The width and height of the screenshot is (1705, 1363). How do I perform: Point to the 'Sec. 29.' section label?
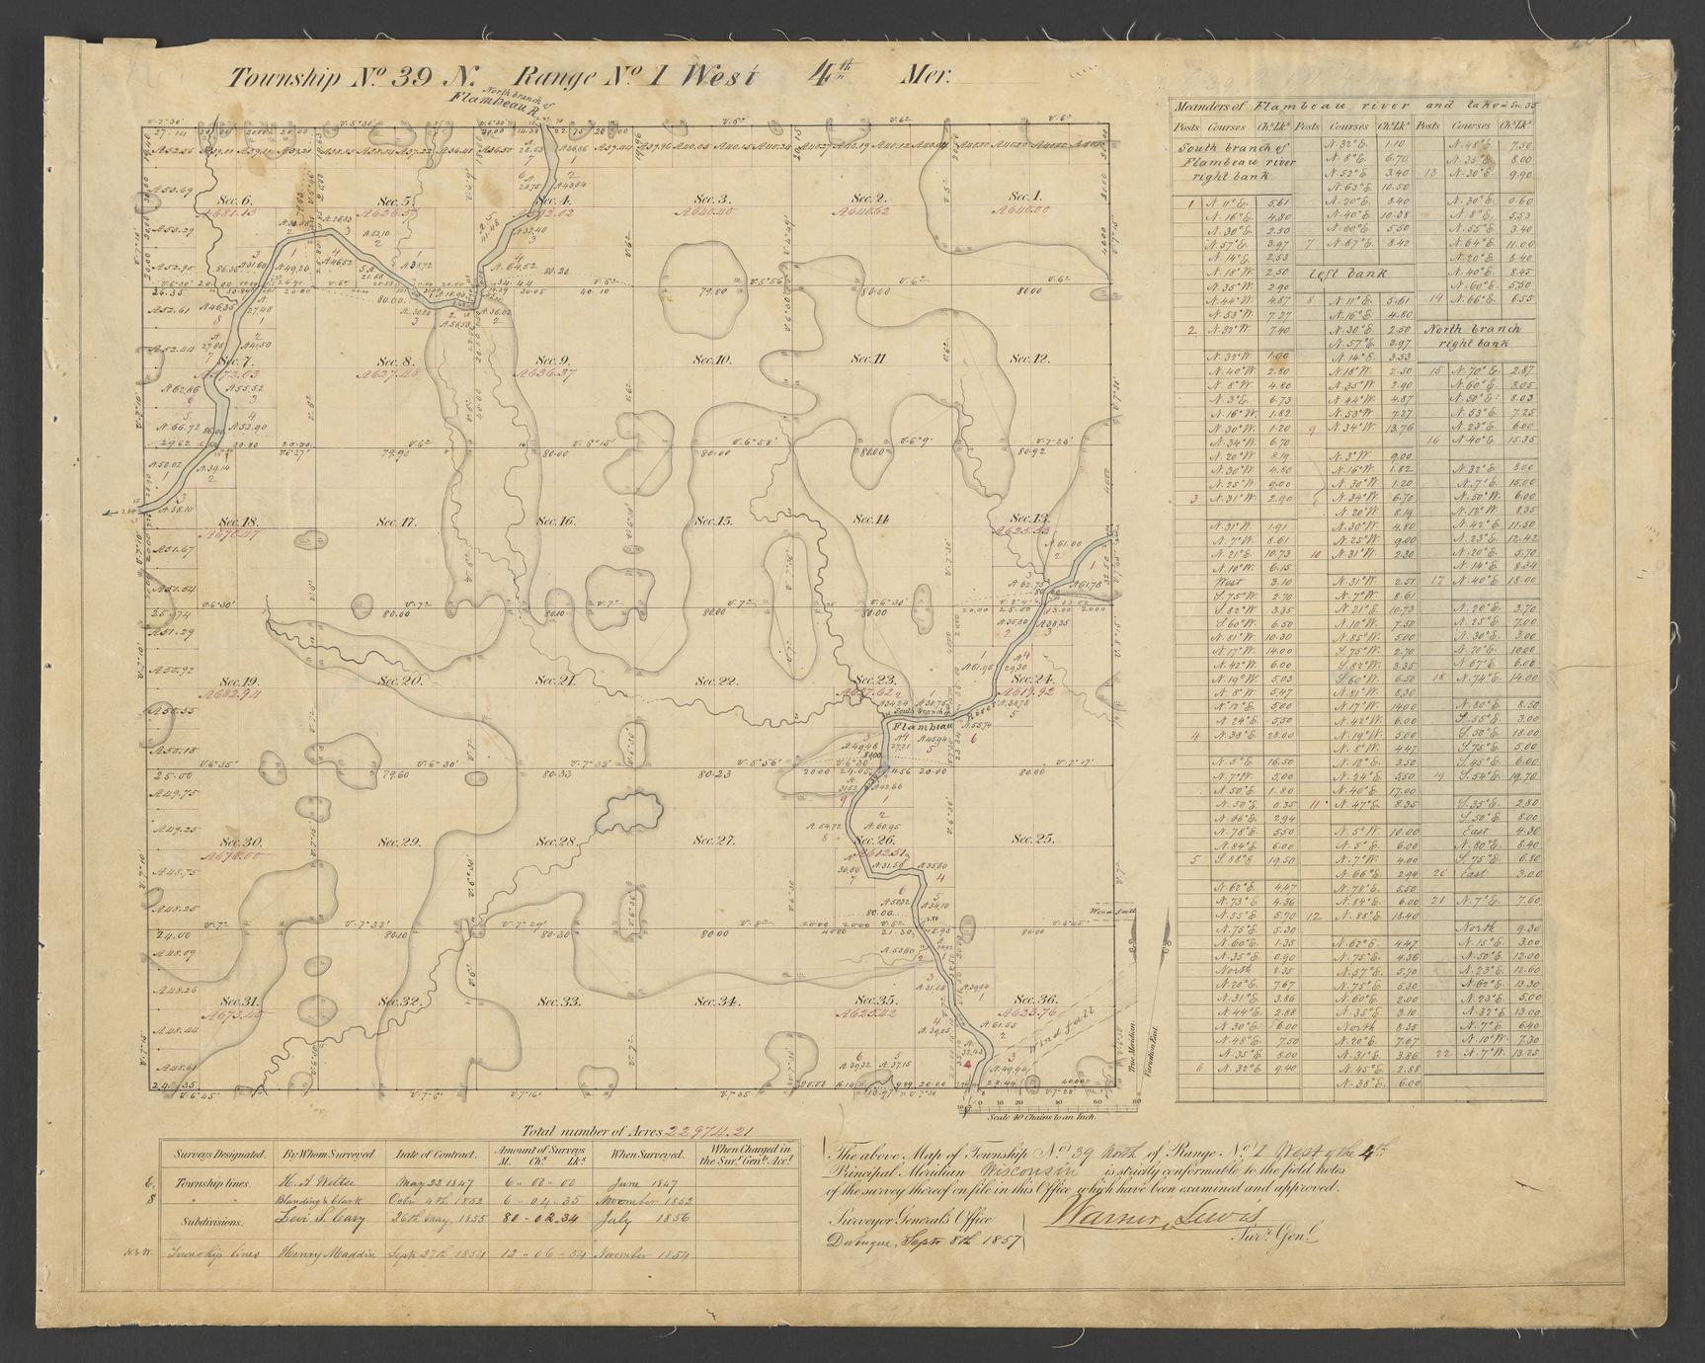click(398, 842)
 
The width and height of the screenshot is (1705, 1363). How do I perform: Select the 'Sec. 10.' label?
click(710, 360)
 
